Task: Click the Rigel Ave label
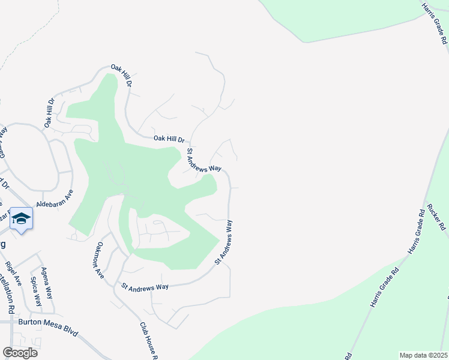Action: click(13, 272)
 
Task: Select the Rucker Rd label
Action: click(436, 217)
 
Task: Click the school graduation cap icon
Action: click(21, 219)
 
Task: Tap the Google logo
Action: click(19, 352)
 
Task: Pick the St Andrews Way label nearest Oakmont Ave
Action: click(145, 287)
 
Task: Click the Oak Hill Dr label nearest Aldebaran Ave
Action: click(49, 113)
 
